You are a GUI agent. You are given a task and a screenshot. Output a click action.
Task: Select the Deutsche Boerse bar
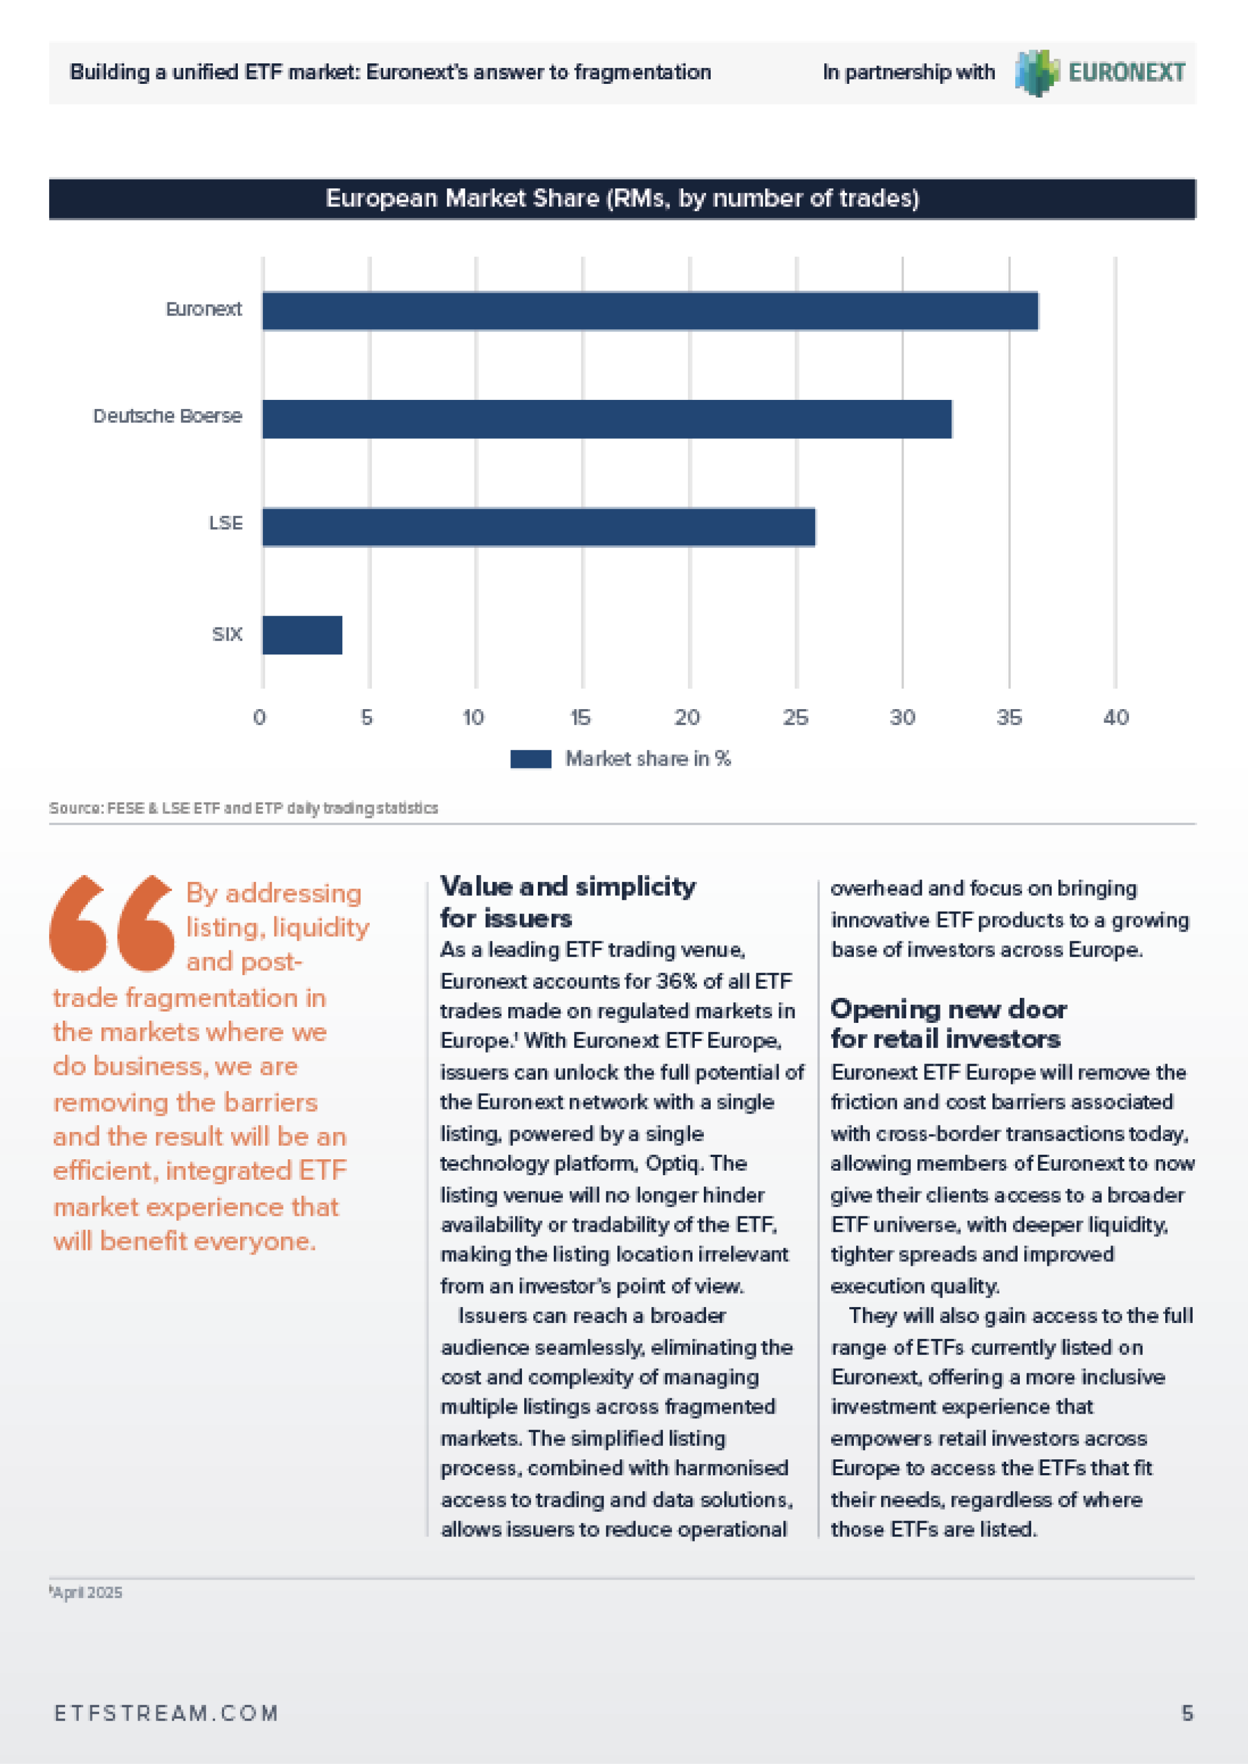pyautogui.click(x=607, y=419)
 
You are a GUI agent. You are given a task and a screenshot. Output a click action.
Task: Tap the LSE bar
pyautogui.click(x=538, y=527)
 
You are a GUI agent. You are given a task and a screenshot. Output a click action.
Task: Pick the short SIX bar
pyautogui.click(x=302, y=635)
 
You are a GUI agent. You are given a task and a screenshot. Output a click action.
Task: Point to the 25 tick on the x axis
pyautogui.click(x=795, y=717)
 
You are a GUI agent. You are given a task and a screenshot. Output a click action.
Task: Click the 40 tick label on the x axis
pyautogui.click(x=1116, y=717)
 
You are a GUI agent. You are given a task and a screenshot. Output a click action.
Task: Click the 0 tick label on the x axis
pyautogui.click(x=260, y=717)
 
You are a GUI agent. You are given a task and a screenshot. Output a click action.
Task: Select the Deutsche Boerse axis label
pyautogui.click(x=168, y=416)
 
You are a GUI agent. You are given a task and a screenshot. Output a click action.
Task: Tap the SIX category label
pyautogui.click(x=228, y=634)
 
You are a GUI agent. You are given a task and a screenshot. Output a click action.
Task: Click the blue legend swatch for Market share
pyautogui.click(x=531, y=759)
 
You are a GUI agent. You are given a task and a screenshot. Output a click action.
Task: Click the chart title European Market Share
pyautogui.click(x=622, y=199)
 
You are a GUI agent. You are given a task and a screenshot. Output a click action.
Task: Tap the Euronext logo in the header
pyautogui.click(x=1100, y=72)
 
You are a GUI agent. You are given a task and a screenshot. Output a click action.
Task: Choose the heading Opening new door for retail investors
pyautogui.click(x=949, y=1023)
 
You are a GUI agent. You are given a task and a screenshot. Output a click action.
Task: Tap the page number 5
pyautogui.click(x=1188, y=1713)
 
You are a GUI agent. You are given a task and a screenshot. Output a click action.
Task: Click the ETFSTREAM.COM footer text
pyautogui.click(x=166, y=1713)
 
